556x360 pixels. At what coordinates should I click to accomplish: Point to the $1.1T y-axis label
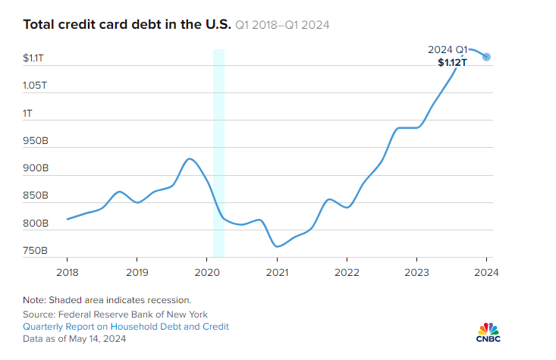pyautogui.click(x=36, y=58)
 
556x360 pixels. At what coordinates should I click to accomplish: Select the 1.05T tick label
pyautogui.click(x=36, y=86)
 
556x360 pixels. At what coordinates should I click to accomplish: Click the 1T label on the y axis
pyautogui.click(x=29, y=113)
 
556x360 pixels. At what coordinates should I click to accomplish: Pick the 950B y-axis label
pyautogui.click(x=36, y=141)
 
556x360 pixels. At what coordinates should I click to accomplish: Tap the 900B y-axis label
pyautogui.click(x=36, y=168)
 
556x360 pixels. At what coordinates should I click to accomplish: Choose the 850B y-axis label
pyautogui.click(x=36, y=196)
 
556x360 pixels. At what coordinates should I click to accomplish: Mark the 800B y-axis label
pyautogui.click(x=36, y=224)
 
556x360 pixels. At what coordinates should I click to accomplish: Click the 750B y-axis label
pyautogui.click(x=36, y=251)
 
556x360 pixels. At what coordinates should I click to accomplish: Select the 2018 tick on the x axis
pyautogui.click(x=67, y=271)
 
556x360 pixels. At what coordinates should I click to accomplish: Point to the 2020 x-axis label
pyautogui.click(x=206, y=271)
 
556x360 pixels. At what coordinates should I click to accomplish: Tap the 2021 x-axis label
pyautogui.click(x=277, y=271)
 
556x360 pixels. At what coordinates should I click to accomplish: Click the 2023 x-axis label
pyautogui.click(x=416, y=271)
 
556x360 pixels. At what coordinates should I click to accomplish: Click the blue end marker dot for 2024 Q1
pyautogui.click(x=487, y=57)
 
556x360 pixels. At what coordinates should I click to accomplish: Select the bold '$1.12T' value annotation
pyautogui.click(x=452, y=63)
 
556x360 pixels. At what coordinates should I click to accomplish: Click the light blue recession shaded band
pyautogui.click(x=218, y=152)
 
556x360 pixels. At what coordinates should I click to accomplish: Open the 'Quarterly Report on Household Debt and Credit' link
pyautogui.click(x=126, y=327)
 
